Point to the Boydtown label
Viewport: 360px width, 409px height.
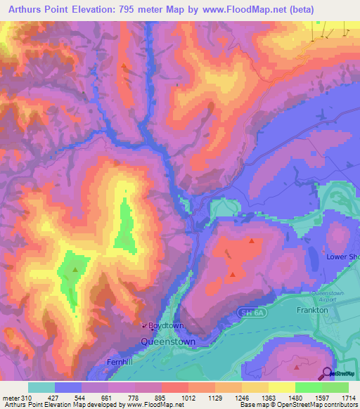pos(166,326)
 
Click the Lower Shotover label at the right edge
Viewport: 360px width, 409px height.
pos(343,257)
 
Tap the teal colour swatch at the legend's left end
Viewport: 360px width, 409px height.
pos(41,388)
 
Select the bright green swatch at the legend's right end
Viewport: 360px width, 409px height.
pos(335,388)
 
